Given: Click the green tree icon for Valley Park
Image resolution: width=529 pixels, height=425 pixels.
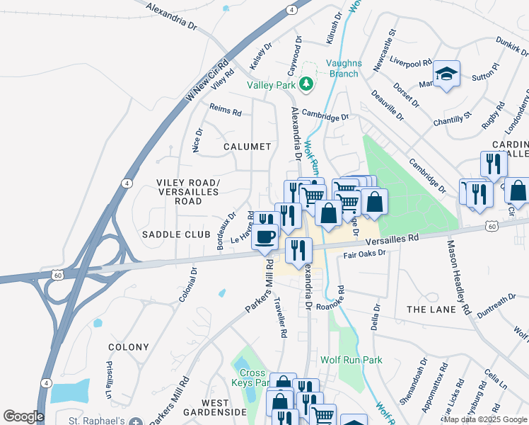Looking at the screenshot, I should [x=306, y=85].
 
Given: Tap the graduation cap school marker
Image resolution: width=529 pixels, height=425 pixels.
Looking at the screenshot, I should [x=446, y=74].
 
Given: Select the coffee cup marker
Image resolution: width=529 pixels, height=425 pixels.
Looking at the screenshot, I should [x=265, y=236].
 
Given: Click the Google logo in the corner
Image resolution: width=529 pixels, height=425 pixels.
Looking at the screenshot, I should [x=23, y=416].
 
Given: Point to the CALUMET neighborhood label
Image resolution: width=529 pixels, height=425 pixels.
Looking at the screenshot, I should [x=248, y=147].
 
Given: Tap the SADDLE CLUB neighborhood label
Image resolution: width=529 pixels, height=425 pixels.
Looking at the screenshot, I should [x=176, y=234].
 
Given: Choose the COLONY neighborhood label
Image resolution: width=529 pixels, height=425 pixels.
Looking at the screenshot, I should [x=128, y=347].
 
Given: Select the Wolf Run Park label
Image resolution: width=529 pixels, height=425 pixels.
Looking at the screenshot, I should [x=351, y=360].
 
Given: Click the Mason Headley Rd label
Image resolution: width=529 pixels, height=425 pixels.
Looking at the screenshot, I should [x=457, y=277].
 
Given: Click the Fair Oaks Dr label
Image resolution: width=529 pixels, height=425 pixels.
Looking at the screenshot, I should [x=364, y=253].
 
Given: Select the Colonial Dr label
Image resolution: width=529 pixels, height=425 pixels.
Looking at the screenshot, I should [x=187, y=285].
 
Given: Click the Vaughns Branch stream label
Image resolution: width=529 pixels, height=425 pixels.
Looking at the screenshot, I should [x=344, y=68].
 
